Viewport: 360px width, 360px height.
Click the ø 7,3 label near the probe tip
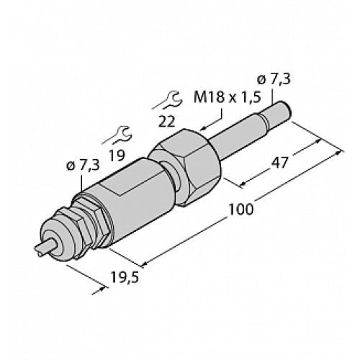pyautogui.click(x=274, y=78)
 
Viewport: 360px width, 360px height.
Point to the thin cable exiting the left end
pyautogui.click(x=44, y=250)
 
